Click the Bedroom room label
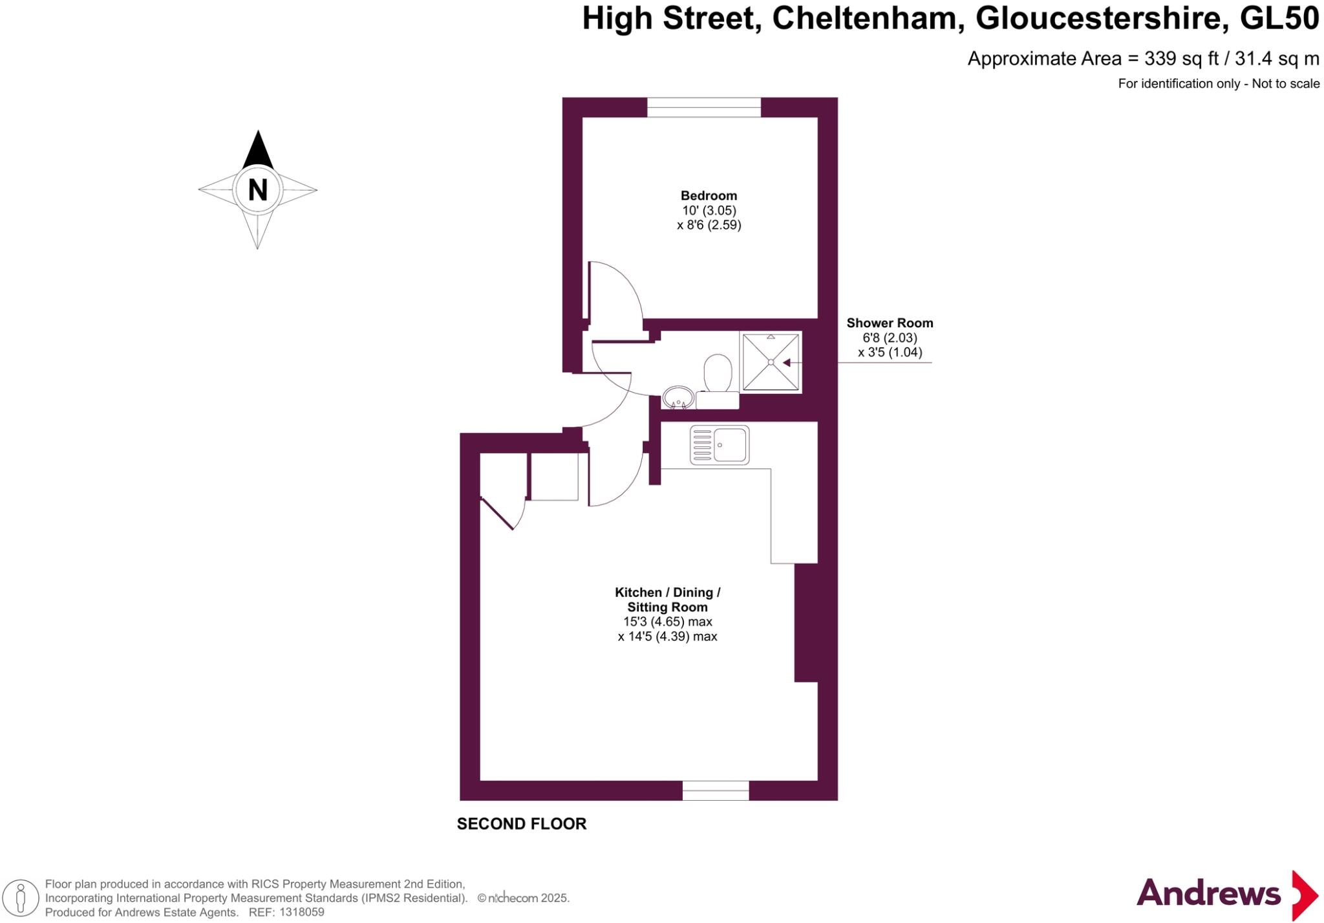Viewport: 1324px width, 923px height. pyautogui.click(x=709, y=195)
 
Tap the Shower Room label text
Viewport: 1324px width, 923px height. pyautogui.click(x=890, y=323)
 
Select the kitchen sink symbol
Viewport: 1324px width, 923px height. pyautogui.click(x=720, y=445)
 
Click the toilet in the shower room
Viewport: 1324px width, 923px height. pyautogui.click(x=718, y=382)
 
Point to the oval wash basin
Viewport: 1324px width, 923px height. pyautogui.click(x=678, y=398)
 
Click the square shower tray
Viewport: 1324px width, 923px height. pyautogui.click(x=771, y=362)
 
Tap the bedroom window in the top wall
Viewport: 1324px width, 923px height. pyautogui.click(x=704, y=107)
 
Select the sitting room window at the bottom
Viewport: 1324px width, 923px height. pyautogui.click(x=716, y=790)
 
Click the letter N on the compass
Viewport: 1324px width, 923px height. pyautogui.click(x=257, y=190)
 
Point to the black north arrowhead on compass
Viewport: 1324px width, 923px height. pyautogui.click(x=258, y=150)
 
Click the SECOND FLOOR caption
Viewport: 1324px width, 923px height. pyautogui.click(x=522, y=824)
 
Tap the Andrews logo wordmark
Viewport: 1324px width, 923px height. pyautogui.click(x=1208, y=894)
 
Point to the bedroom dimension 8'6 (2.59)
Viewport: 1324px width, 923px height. pyautogui.click(x=709, y=225)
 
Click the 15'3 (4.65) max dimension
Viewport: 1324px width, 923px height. pyautogui.click(x=667, y=622)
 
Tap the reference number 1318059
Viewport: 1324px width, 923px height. pyautogui.click(x=300, y=913)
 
